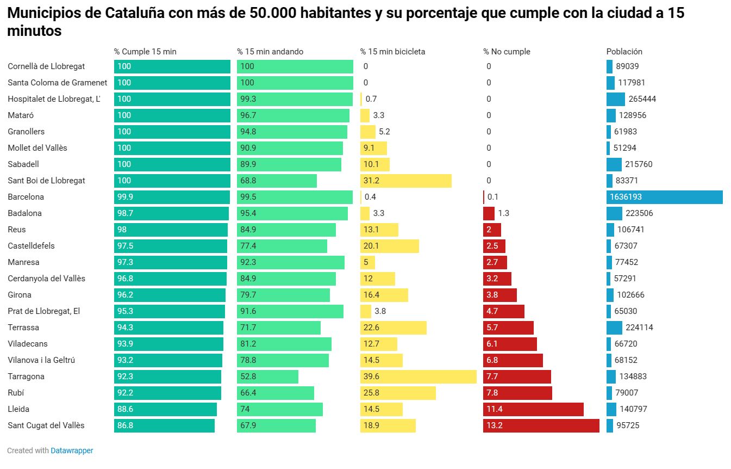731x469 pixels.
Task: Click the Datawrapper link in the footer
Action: tap(72, 451)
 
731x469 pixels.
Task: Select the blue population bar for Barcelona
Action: tap(664, 197)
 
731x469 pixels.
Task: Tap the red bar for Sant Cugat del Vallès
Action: tap(541, 425)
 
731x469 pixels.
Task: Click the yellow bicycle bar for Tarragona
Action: tap(418, 377)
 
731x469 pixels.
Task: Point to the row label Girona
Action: tap(20, 295)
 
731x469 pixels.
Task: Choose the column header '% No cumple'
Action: tap(507, 52)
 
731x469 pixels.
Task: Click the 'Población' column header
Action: tap(624, 52)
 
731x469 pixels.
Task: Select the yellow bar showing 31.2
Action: tap(405, 181)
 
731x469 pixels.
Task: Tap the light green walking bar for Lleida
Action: tap(279, 409)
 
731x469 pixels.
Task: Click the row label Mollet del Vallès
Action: tap(38, 148)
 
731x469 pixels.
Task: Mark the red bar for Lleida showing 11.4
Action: tap(533, 409)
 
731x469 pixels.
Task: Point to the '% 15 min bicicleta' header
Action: tap(392, 52)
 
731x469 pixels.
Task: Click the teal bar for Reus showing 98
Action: tap(171, 230)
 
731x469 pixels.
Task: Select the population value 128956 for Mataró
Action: tap(632, 115)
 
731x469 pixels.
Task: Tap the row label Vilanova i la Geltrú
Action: tap(41, 360)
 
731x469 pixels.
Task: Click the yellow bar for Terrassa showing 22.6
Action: tap(393, 328)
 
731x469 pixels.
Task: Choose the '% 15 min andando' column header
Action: tap(270, 52)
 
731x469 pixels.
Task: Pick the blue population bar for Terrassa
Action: tap(614, 328)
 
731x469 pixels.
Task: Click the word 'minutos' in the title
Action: tap(34, 32)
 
